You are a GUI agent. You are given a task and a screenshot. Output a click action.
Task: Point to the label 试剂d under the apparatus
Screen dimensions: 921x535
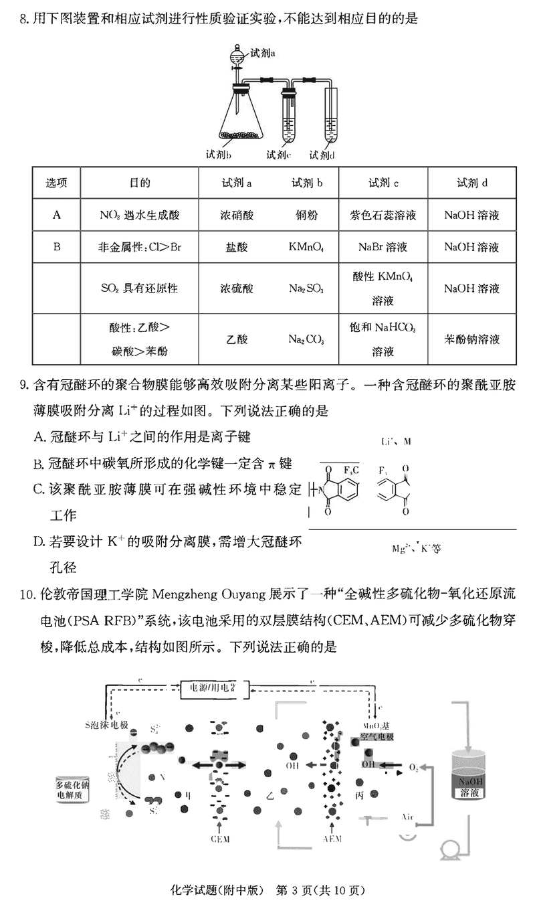322,155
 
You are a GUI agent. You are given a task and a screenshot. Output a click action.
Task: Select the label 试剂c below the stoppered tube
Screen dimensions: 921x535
278,155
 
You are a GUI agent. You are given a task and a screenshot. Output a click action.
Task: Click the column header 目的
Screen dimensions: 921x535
139,183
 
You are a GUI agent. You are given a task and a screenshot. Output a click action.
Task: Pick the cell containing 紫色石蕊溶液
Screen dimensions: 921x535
383,216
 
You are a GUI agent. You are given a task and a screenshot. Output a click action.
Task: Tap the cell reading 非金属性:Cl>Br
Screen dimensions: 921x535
139,247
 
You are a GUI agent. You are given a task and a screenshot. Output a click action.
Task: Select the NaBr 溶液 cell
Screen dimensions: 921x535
383,247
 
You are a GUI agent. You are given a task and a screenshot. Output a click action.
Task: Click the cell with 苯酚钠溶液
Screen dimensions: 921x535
471,339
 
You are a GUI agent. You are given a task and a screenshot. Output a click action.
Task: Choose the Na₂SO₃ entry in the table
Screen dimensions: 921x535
306,288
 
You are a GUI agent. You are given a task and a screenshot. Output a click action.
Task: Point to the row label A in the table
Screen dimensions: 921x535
57,216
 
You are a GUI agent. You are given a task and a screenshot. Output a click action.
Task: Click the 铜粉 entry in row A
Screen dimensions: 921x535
306,216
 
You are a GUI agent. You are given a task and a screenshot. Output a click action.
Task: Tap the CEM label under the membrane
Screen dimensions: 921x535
220,839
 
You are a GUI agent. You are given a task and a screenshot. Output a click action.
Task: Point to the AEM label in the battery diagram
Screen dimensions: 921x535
332,839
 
